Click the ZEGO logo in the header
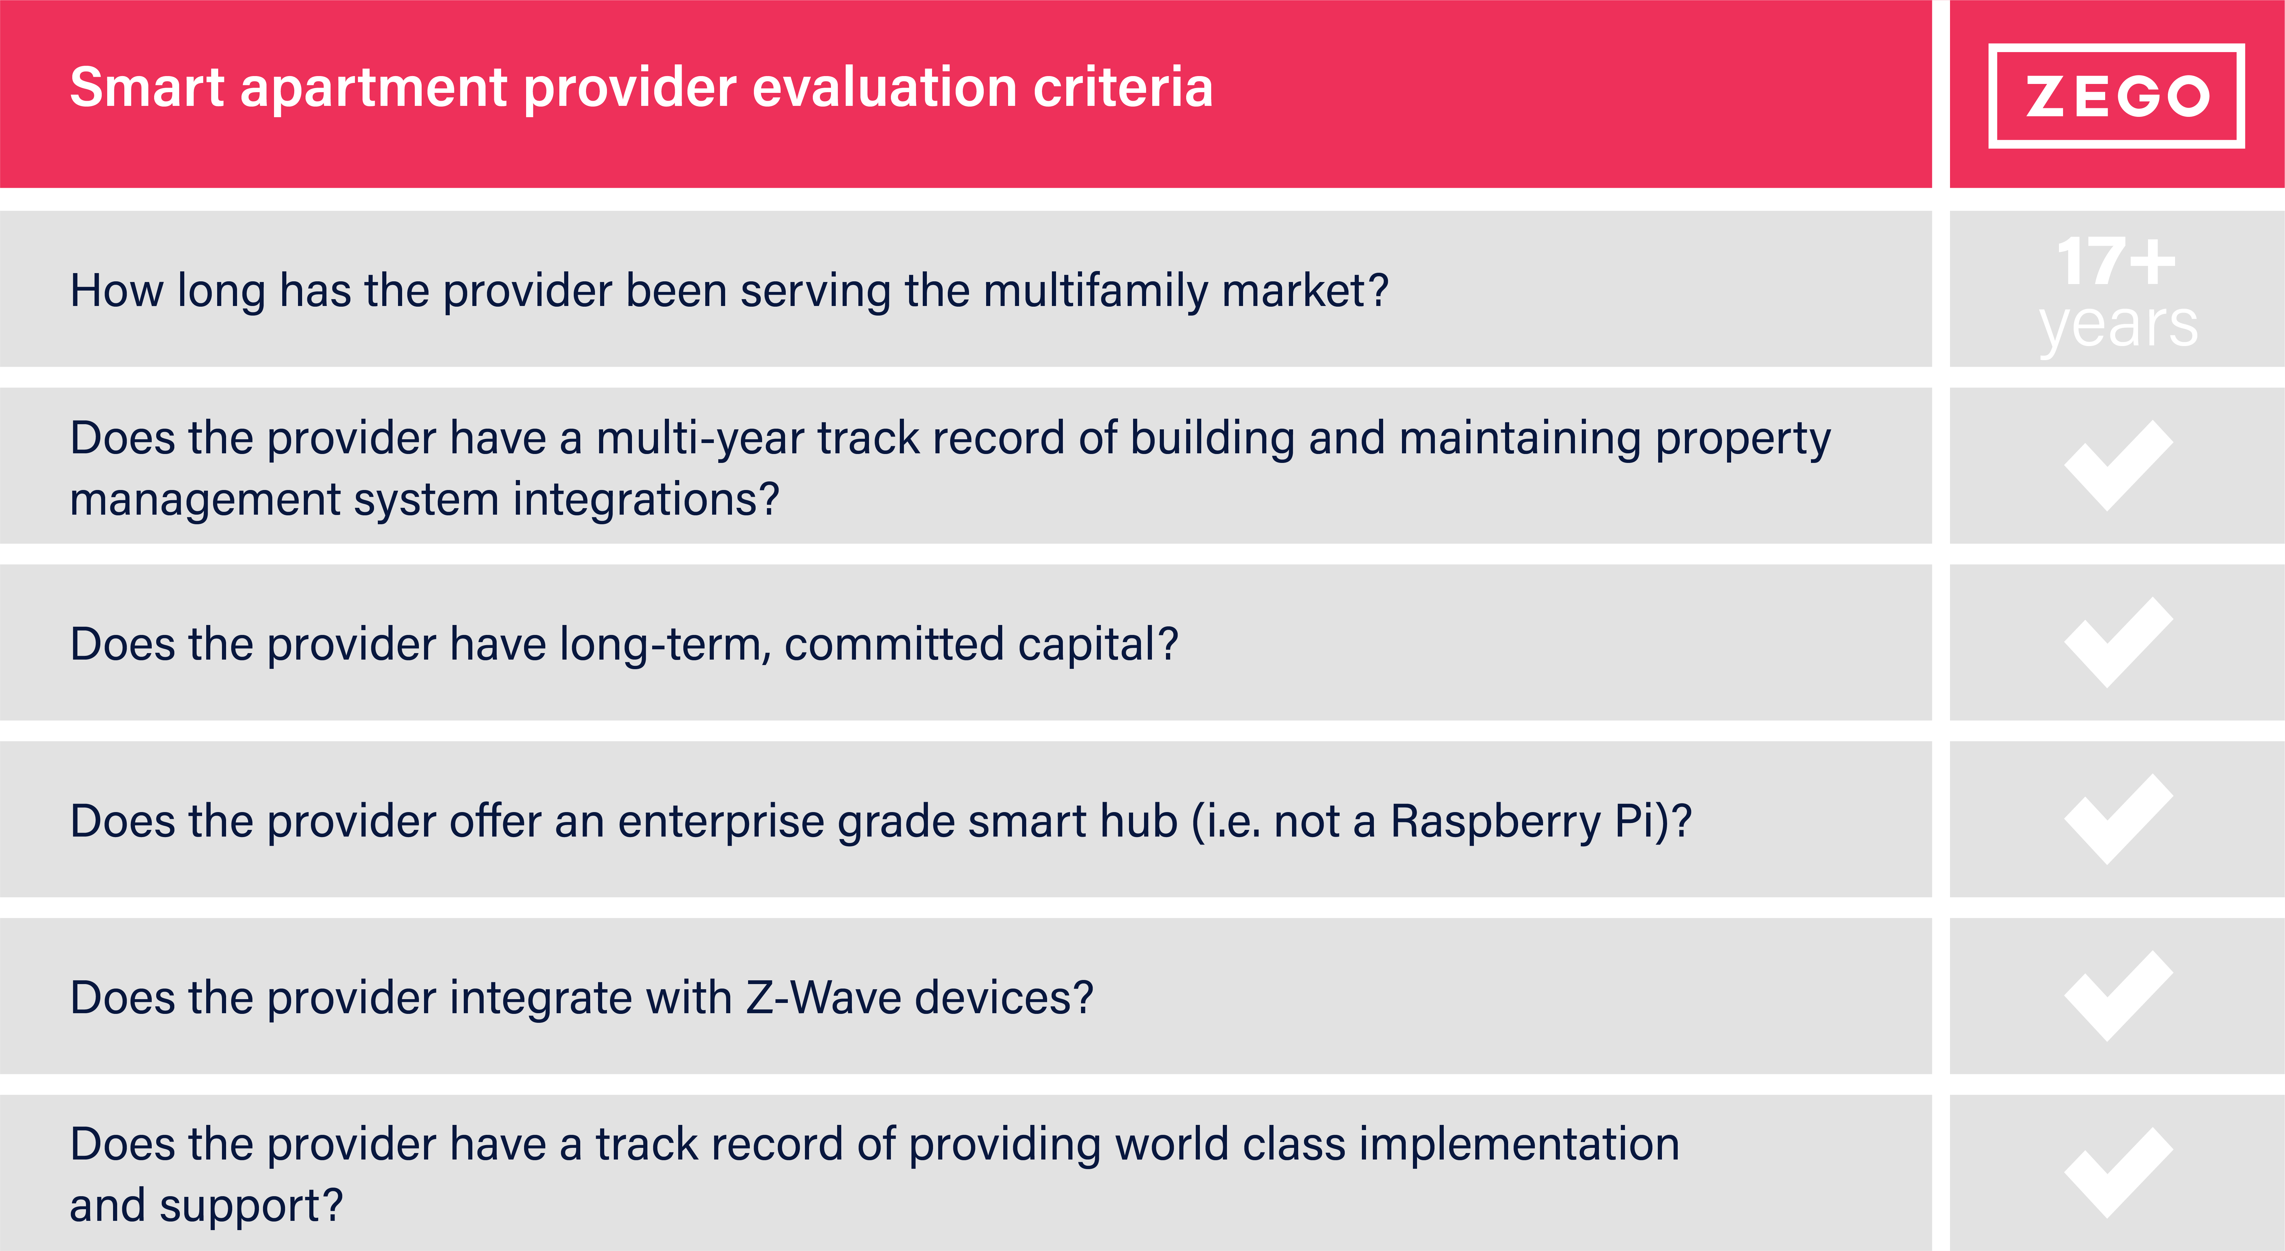pyautogui.click(x=2116, y=96)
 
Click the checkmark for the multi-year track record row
pyautogui.click(x=2118, y=466)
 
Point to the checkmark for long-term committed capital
pyautogui.click(x=2118, y=642)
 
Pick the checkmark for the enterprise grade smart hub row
pyautogui.click(x=2118, y=819)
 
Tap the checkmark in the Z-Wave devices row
pyautogui.click(x=2118, y=995)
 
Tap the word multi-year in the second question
pyautogui.click(x=700, y=439)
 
